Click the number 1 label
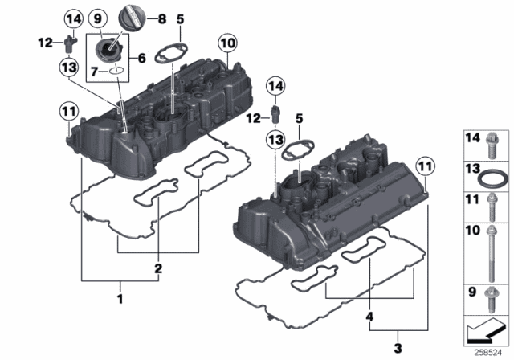[121, 299]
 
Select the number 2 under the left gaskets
[159, 268]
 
